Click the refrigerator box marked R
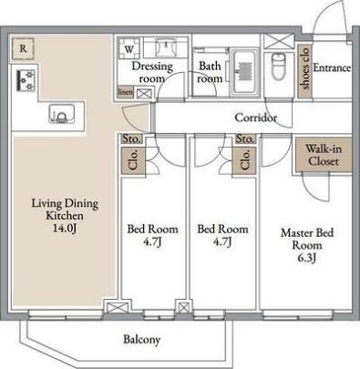(x=23, y=48)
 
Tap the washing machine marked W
(x=129, y=48)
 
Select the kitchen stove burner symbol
(x=26, y=80)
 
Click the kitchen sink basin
(x=62, y=114)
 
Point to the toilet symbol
(x=279, y=67)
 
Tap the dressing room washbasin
(x=166, y=47)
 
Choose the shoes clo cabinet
(x=304, y=72)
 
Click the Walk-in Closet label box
(x=324, y=155)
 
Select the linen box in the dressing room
(x=125, y=92)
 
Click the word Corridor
(x=256, y=118)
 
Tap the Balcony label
(x=142, y=339)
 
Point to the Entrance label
(x=332, y=67)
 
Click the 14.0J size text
(x=64, y=228)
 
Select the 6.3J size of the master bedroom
(x=307, y=258)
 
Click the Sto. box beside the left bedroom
(x=131, y=138)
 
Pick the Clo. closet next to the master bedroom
(x=244, y=161)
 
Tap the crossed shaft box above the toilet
(x=279, y=41)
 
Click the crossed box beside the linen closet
(x=144, y=93)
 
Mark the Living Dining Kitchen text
(x=65, y=210)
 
